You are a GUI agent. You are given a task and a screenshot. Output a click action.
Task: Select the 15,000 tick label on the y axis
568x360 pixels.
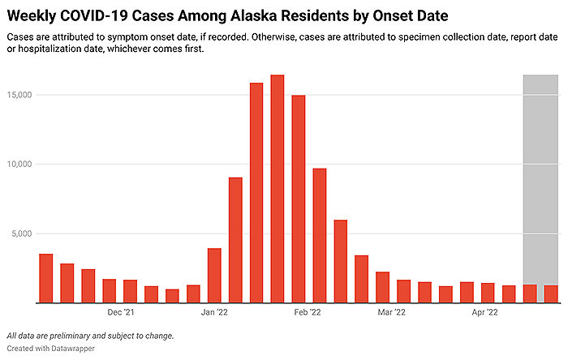[x=22, y=95]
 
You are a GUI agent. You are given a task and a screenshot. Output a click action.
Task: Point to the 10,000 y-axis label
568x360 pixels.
[x=22, y=164]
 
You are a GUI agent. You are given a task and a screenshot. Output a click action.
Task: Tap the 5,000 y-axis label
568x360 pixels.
[x=24, y=234]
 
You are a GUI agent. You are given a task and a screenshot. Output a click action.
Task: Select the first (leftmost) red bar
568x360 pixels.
[x=45, y=278]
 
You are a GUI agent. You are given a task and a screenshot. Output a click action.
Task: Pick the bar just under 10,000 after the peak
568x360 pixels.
[x=319, y=235]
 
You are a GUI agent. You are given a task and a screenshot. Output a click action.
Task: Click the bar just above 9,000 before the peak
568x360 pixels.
[x=235, y=240]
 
